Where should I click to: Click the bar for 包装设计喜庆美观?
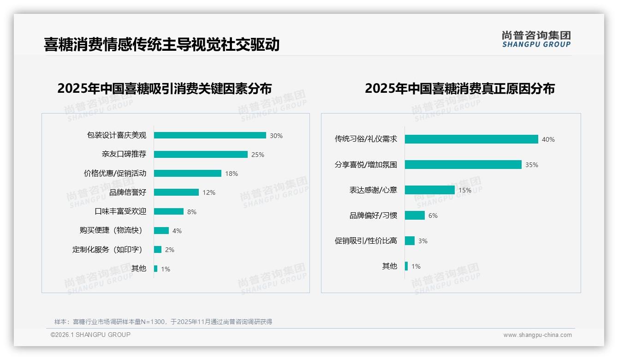click(210, 135)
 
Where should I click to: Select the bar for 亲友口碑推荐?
click(201, 154)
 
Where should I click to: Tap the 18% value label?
click(232, 174)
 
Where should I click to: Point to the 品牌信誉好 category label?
click(127, 192)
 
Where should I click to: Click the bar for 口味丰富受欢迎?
click(169, 211)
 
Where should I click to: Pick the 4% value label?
click(177, 231)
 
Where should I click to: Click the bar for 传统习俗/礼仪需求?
click(471, 139)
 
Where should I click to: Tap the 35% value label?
click(532, 165)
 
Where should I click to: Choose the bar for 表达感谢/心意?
click(430, 190)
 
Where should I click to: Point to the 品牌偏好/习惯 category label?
click(373, 216)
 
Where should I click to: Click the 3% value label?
click(423, 241)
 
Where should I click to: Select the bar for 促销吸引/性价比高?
click(410, 240)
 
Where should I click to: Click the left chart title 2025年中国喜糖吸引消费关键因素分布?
click(165, 88)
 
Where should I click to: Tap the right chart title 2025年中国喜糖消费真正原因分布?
click(460, 88)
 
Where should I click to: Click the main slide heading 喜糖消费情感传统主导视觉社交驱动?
click(162, 44)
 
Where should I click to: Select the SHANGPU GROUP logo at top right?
click(536, 39)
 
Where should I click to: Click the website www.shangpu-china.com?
click(537, 335)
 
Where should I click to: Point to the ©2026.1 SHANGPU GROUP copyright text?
click(90, 335)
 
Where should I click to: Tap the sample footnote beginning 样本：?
click(163, 322)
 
